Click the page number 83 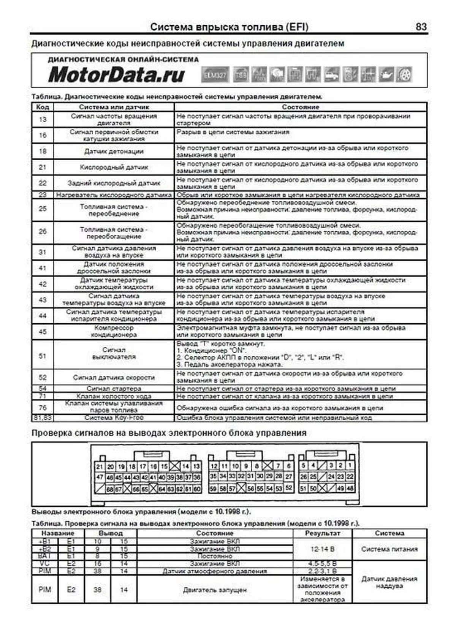[x=421, y=27]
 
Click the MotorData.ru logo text [x=116, y=74]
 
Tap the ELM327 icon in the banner [x=215, y=74]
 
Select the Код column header [x=43, y=107]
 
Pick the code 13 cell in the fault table [x=43, y=120]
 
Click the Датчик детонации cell [x=114, y=151]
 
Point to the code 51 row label [x=43, y=356]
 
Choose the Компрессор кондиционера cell [x=114, y=331]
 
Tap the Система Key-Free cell [x=114, y=418]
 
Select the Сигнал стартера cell [x=114, y=389]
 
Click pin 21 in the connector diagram [x=100, y=466]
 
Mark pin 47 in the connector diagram [x=100, y=478]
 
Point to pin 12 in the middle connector [x=214, y=466]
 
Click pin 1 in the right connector [x=350, y=465]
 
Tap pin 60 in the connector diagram [x=197, y=489]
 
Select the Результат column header [x=322, y=533]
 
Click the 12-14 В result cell [x=322, y=549]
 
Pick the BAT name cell [x=45, y=556]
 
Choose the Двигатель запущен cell [x=215, y=590]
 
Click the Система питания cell [x=389, y=549]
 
